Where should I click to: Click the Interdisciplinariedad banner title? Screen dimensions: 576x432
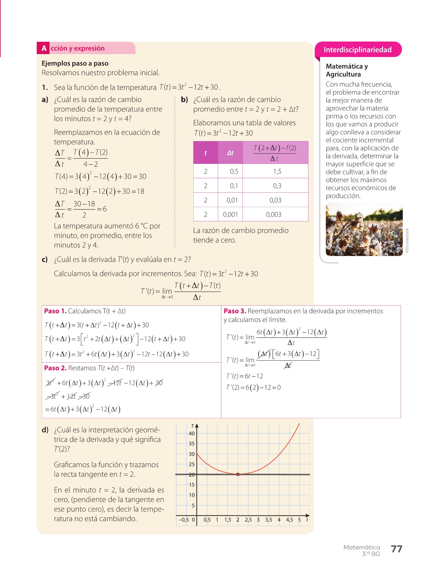[357, 50]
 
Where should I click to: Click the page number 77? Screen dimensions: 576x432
[396, 549]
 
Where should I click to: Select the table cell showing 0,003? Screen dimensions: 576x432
[274, 214]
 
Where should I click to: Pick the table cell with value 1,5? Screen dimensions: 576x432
[277, 172]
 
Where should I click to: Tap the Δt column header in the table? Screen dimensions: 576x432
[230, 153]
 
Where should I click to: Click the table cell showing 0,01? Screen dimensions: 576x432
[232, 200]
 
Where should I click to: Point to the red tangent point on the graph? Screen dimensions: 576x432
[238, 474]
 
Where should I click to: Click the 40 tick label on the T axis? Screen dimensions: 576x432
[192, 434]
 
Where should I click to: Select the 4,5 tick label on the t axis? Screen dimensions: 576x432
[289, 520]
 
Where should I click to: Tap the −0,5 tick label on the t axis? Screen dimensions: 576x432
[183, 520]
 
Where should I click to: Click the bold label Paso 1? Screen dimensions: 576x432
[55, 311]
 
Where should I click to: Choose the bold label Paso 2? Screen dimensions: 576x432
[55, 368]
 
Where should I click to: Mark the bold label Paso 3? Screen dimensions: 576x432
[235, 311]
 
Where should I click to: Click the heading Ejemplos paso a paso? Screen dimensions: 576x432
[75, 63]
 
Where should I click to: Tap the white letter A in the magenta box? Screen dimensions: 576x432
[44, 48]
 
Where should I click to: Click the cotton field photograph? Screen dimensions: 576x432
[364, 229]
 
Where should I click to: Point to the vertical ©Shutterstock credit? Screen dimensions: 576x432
[407, 241]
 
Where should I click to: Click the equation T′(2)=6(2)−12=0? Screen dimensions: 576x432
[253, 388]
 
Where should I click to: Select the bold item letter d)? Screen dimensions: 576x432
[45, 430]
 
